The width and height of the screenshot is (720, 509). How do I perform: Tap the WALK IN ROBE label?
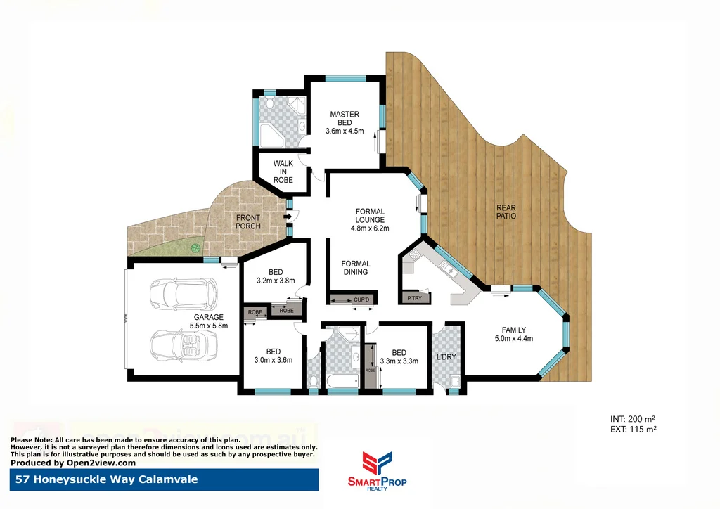tap(283, 172)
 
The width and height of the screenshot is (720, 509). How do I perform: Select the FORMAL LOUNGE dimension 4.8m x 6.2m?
tap(370, 228)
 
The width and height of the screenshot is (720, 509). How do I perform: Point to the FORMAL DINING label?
tap(356, 268)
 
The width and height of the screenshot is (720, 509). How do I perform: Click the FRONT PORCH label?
tap(248, 221)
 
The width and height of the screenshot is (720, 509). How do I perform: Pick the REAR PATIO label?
tap(506, 212)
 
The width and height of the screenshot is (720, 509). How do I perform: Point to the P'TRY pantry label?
tap(415, 299)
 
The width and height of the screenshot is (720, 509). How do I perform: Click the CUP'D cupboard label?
tap(361, 300)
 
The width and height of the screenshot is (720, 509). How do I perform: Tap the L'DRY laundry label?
tap(446, 356)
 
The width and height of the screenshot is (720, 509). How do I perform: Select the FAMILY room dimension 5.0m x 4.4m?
tap(513, 339)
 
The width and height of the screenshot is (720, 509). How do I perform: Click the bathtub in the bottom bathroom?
tap(342, 382)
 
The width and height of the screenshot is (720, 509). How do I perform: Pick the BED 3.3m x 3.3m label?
tap(399, 357)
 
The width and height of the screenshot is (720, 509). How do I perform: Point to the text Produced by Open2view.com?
tap(73, 463)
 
